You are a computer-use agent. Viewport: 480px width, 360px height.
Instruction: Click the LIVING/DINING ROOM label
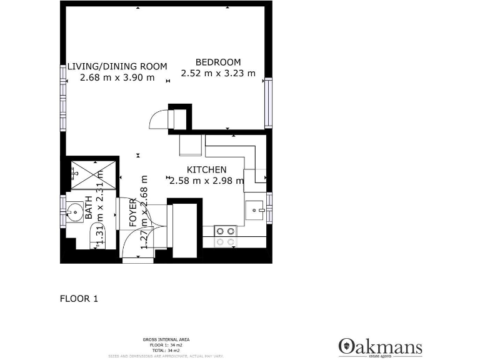117,66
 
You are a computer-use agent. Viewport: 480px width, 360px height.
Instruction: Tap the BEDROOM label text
218,62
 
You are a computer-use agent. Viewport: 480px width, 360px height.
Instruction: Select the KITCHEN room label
207,170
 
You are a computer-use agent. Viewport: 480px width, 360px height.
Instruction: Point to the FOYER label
133,212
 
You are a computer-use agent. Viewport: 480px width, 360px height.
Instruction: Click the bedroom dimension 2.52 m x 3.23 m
218,73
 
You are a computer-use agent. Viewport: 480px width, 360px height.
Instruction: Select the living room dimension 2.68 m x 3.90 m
117,77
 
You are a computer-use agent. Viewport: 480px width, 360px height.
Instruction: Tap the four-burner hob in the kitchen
226,236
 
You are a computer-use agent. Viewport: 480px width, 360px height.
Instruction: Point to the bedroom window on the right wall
268,102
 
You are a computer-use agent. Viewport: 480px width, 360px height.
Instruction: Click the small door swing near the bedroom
160,118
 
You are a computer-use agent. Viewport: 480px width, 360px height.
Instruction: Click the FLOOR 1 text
79,299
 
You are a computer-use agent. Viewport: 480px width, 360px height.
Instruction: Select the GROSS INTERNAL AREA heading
166,339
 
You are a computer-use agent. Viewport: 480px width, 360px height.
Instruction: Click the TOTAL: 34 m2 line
166,350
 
